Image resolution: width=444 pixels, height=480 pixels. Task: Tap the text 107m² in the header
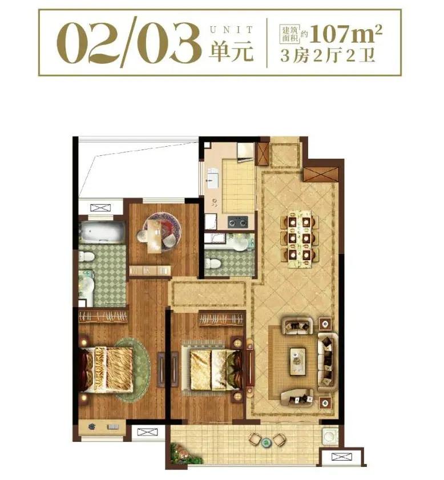346,34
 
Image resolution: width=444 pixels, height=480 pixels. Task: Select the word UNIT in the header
232,30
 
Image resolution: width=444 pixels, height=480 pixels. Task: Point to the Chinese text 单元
231,50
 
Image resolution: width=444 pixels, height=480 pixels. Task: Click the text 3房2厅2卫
328,56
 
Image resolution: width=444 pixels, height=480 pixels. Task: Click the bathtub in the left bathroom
102,232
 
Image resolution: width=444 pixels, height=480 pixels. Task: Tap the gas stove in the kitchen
238,221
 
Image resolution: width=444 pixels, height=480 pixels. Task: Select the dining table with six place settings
300,239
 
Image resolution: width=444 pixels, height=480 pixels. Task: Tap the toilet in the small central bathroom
213,263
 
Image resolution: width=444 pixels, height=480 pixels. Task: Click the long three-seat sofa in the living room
328,362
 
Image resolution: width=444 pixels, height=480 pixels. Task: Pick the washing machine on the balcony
329,435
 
